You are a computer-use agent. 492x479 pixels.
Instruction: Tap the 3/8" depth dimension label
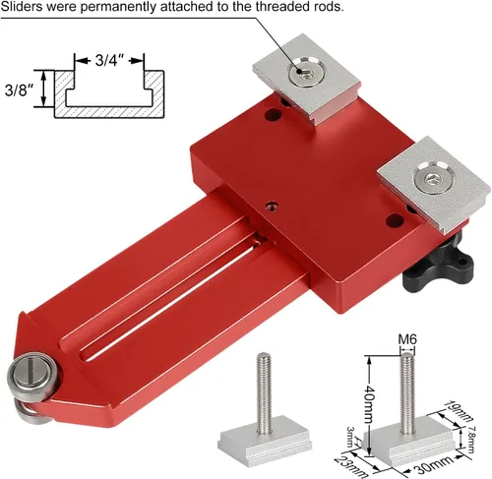coord(20,90)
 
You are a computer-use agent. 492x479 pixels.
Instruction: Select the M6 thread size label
coord(407,339)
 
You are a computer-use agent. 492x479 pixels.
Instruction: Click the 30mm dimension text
coord(434,465)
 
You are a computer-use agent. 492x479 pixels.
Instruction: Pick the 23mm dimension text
coord(351,467)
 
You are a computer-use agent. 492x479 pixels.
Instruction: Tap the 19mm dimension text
coord(460,410)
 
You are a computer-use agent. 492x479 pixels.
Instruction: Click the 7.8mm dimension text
coord(470,440)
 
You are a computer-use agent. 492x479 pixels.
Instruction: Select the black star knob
coord(438,264)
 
